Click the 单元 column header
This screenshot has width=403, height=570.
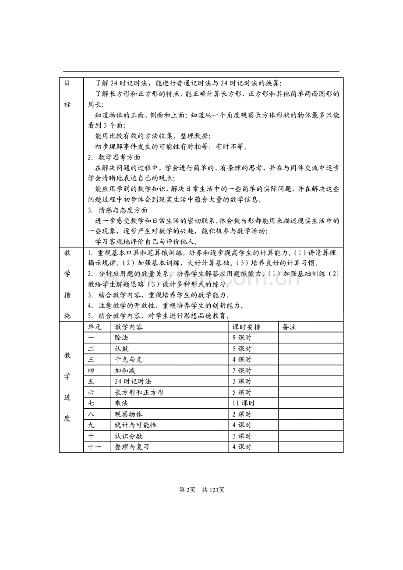[x=95, y=327]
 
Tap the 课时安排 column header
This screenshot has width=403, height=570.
[x=246, y=327]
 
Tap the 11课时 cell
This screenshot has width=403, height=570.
[x=244, y=403]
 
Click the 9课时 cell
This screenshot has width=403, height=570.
[x=242, y=338]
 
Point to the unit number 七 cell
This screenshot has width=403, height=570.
[x=91, y=403]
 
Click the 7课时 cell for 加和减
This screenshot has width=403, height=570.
[x=242, y=370]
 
